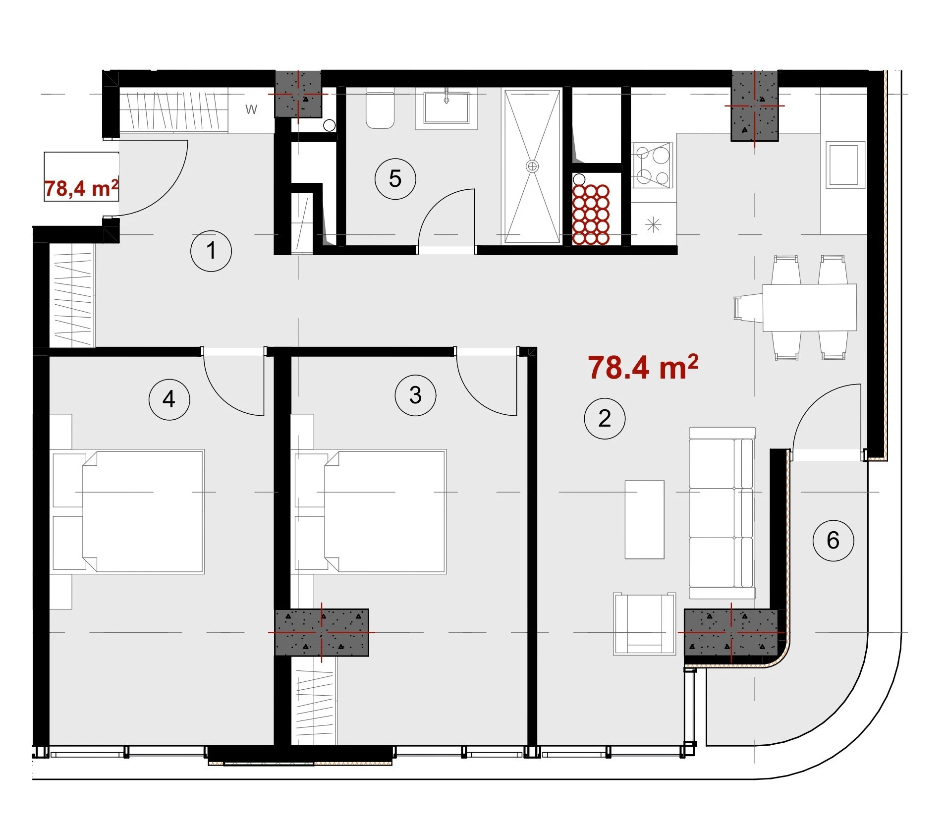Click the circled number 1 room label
tap(211, 251)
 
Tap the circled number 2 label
tap(605, 419)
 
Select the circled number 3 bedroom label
tap(415, 395)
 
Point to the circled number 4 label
tap(169, 399)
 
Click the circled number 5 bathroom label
tap(395, 179)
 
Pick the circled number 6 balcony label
tap(833, 540)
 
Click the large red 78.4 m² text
tap(643, 367)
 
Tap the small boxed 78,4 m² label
tap(81, 188)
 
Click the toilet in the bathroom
tap(380, 109)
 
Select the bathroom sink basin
tap(446, 108)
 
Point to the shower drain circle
tap(532, 166)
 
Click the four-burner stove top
tap(652, 165)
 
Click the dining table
tap(809, 307)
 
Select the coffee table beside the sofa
tap(644, 519)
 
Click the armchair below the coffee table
tap(644, 623)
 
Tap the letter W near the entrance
tap(251, 110)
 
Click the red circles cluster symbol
tap(590, 215)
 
